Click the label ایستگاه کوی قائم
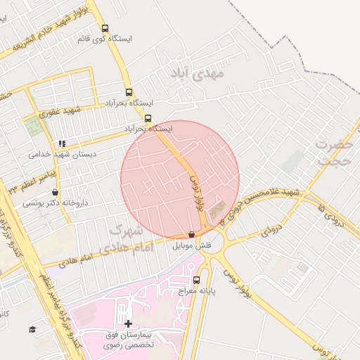[105, 39]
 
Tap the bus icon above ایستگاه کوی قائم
[105, 29]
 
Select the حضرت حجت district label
[332, 152]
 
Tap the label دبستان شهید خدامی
[63, 153]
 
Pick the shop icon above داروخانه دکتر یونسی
[55, 193]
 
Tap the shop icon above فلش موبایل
[192, 235]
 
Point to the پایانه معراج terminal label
[195, 290]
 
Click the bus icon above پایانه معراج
[195, 280]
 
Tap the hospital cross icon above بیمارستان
[127, 324]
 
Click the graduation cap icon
[32, 329]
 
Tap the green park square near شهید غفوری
[33, 127]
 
